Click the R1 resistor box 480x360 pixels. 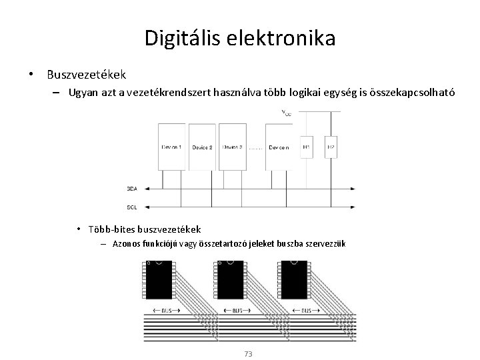(306, 146)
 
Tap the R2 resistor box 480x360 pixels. (331, 146)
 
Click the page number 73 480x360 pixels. (248, 353)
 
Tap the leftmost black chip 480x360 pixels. (159, 281)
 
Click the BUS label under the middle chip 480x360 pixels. (235, 311)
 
